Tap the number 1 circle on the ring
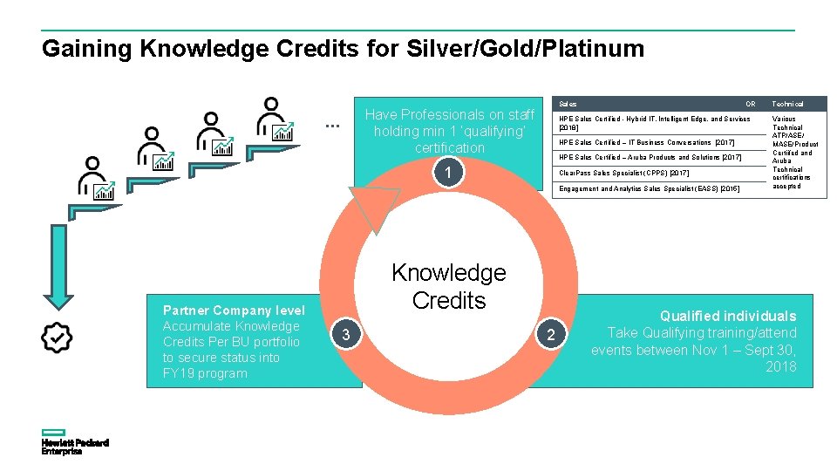tap(447, 174)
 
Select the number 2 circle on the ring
tap(550, 335)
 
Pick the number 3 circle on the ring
tap(346, 335)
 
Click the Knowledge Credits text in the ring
tap(448, 286)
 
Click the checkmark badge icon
tap(58, 338)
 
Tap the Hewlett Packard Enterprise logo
tap(74, 443)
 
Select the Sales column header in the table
tap(568, 104)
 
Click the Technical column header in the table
tap(787, 104)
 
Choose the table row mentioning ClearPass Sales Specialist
tap(624, 173)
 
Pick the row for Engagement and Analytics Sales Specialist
tap(650, 188)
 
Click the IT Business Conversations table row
tap(647, 142)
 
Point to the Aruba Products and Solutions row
tap(650, 158)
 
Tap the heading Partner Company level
tap(234, 311)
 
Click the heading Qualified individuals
tap(728, 316)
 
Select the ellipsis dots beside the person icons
tap(332, 126)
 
